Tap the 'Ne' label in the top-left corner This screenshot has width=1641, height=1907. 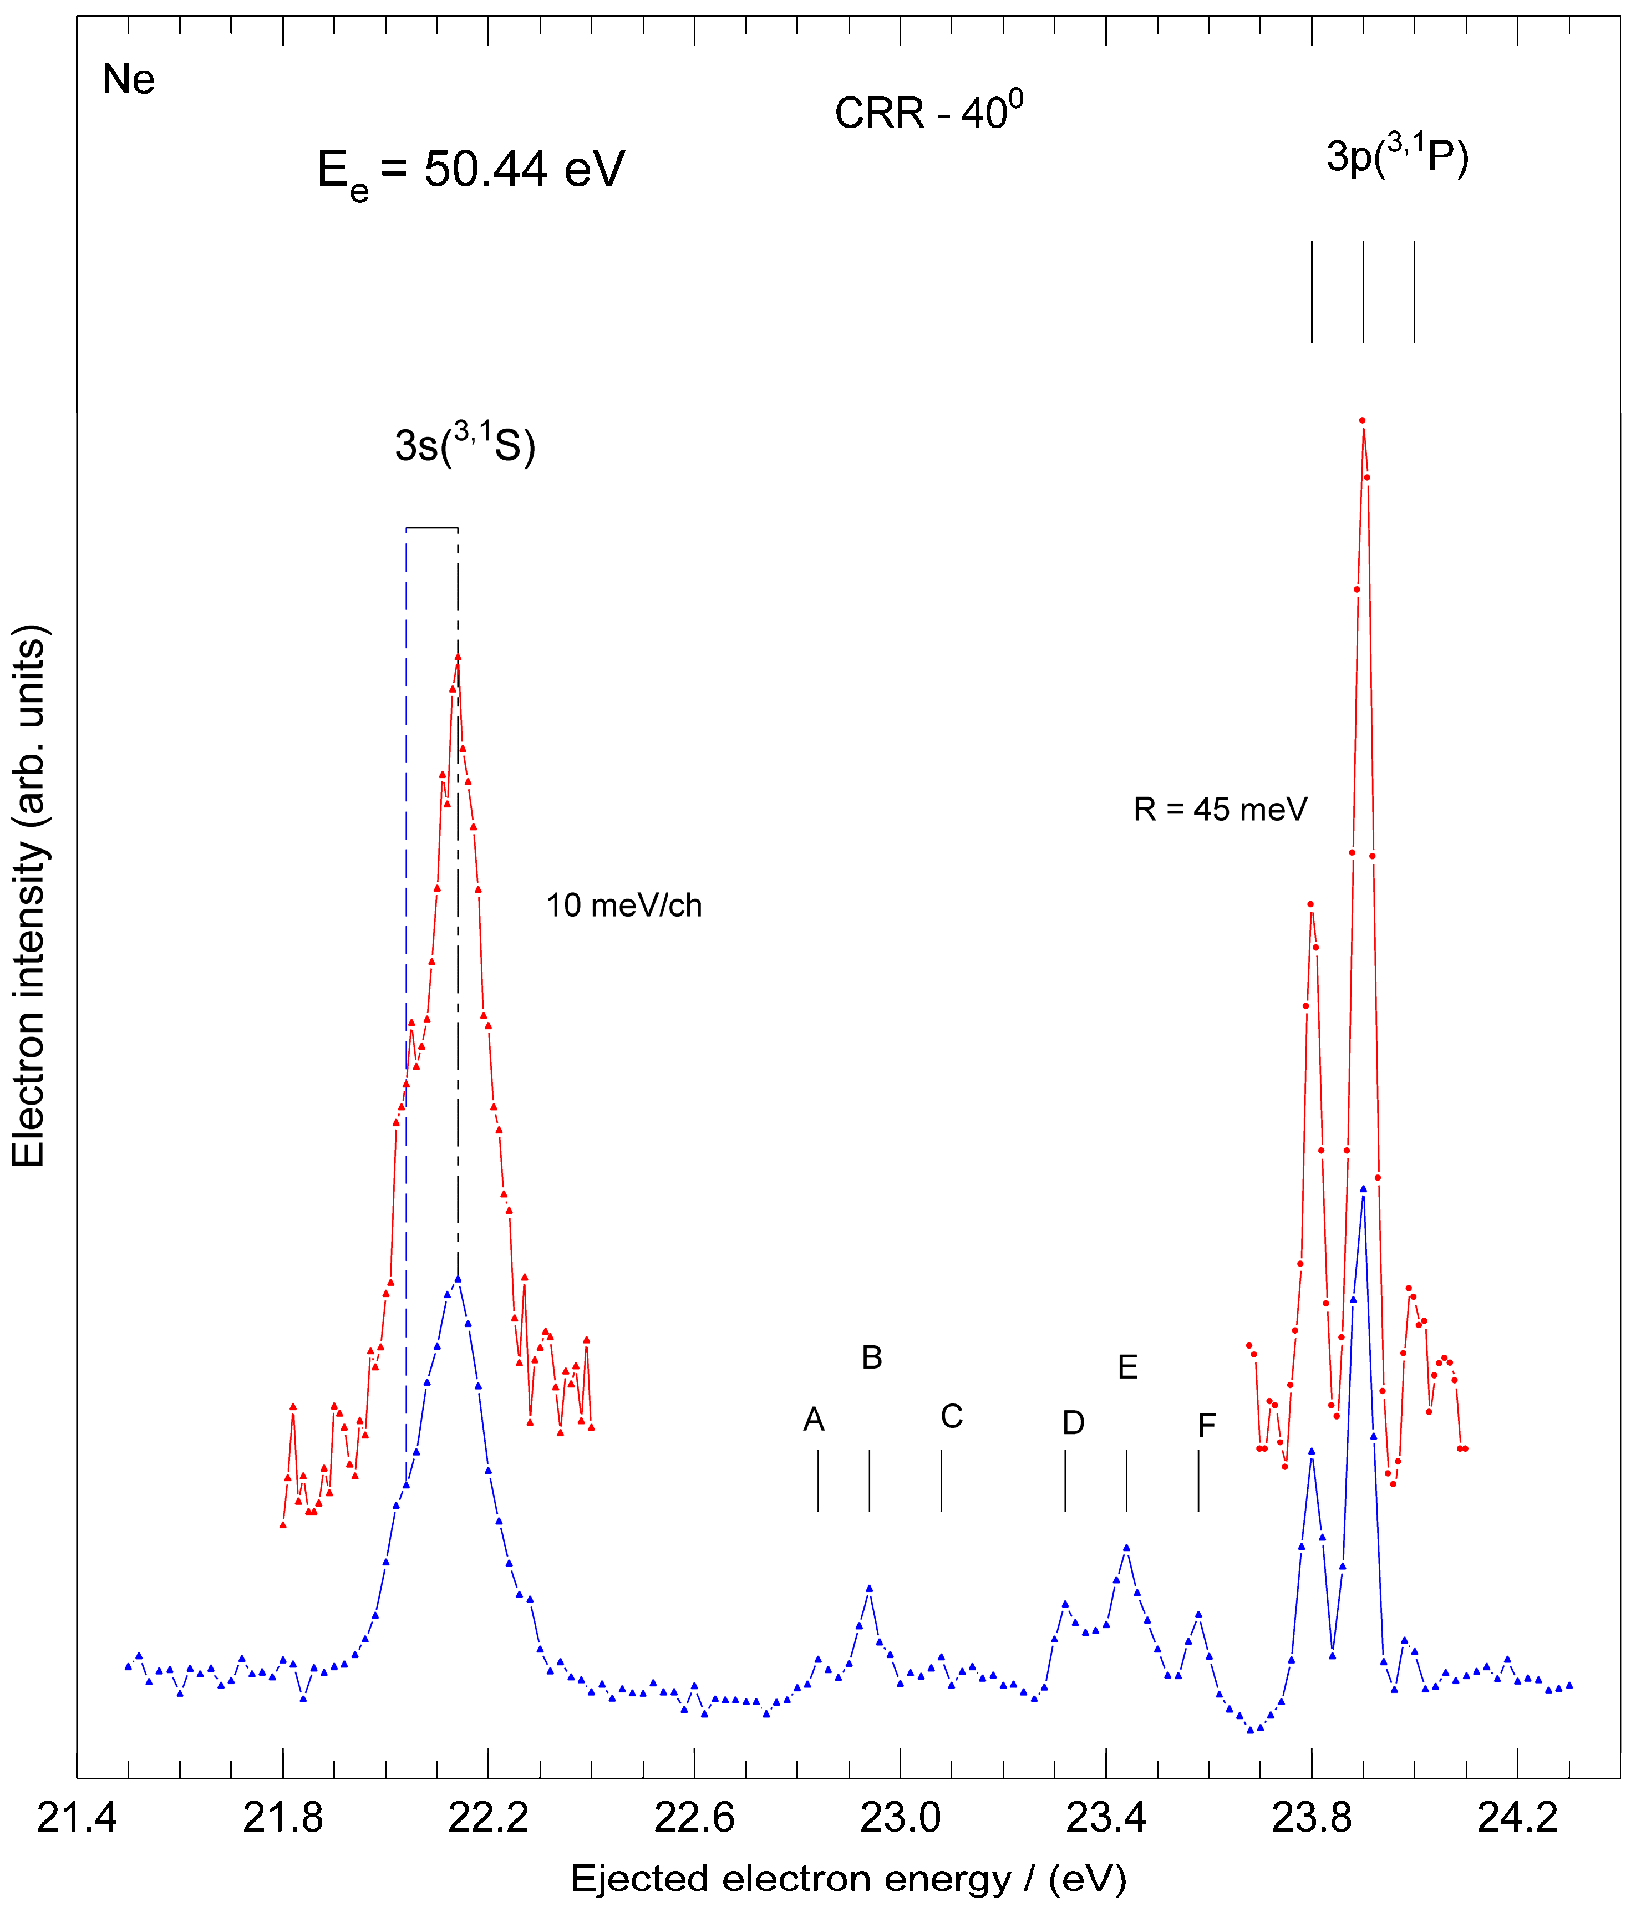pos(128,80)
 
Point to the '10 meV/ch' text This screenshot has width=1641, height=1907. pos(624,906)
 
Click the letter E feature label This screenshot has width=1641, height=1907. pos(1127,1367)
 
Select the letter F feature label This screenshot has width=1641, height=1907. pos(1207,1426)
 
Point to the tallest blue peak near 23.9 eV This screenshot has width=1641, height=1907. pos(1363,1188)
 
